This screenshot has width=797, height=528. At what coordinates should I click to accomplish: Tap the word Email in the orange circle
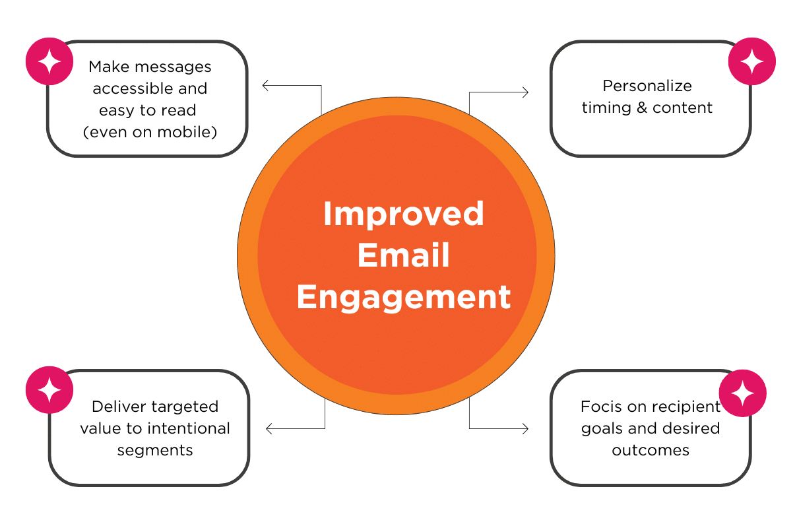tap(403, 255)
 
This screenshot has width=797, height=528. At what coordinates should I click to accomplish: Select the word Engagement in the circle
tap(403, 297)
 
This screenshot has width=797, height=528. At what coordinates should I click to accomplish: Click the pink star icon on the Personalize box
tap(751, 61)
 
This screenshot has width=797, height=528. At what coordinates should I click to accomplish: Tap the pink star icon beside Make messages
tap(49, 61)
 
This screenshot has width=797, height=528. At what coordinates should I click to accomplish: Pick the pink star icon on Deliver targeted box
tap(49, 390)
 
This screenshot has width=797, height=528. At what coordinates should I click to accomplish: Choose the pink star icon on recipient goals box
tap(742, 393)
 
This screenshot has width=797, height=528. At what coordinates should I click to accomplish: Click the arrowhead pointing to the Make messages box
tap(265, 85)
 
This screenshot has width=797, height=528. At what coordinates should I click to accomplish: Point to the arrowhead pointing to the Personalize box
tap(525, 92)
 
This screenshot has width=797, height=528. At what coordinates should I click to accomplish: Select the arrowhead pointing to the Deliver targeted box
tap(269, 429)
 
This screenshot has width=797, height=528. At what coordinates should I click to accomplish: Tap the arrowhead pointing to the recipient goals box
tap(525, 429)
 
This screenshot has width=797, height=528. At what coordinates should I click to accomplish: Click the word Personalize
tap(647, 86)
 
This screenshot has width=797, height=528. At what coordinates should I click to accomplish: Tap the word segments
tap(155, 450)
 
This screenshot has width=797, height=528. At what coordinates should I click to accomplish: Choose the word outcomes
tap(650, 450)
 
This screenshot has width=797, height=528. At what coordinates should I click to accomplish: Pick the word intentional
tap(188, 428)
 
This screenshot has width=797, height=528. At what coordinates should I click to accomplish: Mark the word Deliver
tap(117, 407)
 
